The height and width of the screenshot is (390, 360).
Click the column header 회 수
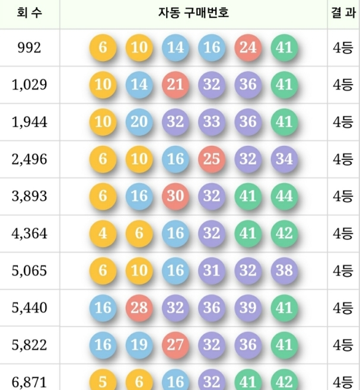coord(30,12)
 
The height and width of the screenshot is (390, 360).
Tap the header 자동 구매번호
coord(193,12)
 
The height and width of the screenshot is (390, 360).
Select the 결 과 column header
coord(344,12)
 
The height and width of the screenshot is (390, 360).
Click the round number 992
coord(30,47)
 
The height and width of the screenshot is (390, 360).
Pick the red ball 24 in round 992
coord(248,47)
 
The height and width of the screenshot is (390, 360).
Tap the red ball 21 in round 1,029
coord(175,85)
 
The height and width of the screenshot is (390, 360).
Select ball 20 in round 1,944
coord(139,122)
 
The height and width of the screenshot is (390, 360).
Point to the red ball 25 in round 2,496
coord(212,159)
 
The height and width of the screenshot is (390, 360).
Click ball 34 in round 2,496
coord(284,159)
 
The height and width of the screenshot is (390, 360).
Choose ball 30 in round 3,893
coord(175,196)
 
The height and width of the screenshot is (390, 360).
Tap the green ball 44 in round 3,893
coord(284,196)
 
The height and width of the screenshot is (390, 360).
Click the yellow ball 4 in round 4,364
coord(103,233)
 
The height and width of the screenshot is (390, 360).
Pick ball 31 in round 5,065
coord(212,270)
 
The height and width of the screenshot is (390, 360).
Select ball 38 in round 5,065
coord(284,270)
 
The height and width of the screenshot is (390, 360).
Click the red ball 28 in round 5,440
coord(139,308)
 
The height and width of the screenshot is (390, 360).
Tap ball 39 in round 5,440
coord(248,308)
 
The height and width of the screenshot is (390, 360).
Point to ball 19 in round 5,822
coord(139,344)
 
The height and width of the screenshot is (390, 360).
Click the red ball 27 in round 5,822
coord(175,344)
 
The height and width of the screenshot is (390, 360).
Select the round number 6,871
coord(30,381)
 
